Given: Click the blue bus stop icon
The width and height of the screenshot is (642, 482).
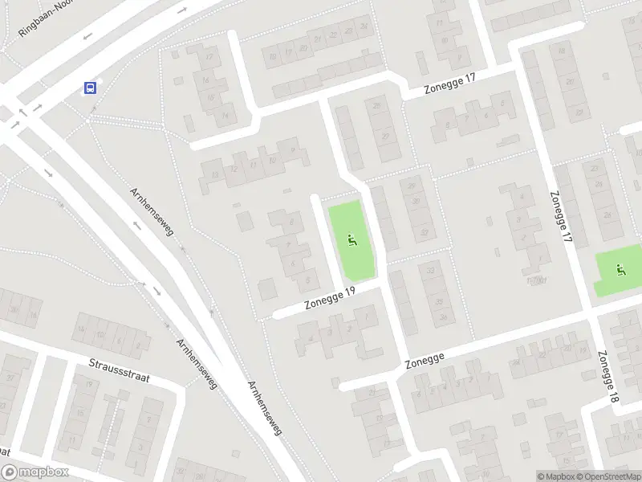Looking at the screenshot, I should pyautogui.click(x=90, y=88).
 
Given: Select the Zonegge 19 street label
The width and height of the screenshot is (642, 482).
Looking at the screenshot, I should pyautogui.click(x=329, y=300).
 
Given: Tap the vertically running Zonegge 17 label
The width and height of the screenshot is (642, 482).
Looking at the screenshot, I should pyautogui.click(x=560, y=217).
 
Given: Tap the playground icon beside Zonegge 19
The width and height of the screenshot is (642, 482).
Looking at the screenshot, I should pyautogui.click(x=351, y=239).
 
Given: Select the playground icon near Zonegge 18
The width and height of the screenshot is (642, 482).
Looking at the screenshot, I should pyautogui.click(x=620, y=270).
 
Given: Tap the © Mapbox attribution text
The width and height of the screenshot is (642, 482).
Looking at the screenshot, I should pyautogui.click(x=557, y=476).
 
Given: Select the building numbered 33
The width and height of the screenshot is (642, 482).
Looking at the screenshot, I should pyautogui.click(x=431, y=270).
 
